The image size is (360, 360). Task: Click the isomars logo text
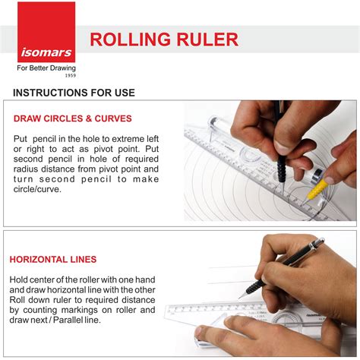pos(46,52)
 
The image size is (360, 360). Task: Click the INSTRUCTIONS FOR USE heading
pos(74,93)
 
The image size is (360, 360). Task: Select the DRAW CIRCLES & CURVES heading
pos(72,118)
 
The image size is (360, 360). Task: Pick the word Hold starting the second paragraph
pos(19,279)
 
